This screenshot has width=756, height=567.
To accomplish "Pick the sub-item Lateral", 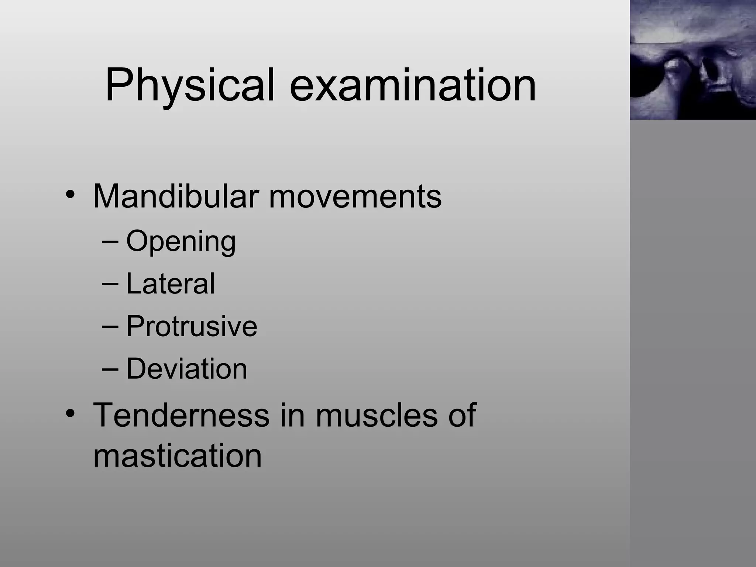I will [x=170, y=283].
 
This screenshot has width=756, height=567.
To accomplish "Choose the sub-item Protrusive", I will [x=192, y=326].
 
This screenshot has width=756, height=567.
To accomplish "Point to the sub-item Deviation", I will [x=186, y=368].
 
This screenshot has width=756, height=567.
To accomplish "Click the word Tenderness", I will [x=181, y=415].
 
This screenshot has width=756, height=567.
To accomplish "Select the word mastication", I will [x=177, y=456].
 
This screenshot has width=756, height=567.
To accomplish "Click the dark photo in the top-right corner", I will [x=693, y=60].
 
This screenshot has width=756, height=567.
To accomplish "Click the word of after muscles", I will [x=462, y=415].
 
